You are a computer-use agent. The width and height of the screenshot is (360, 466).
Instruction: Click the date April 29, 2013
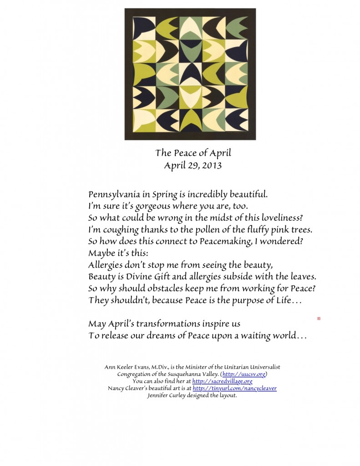pos(193,165)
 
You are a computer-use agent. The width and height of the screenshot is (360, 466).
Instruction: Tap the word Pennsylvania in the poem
pos(114,194)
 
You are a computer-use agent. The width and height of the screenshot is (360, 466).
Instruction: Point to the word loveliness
pos(227,218)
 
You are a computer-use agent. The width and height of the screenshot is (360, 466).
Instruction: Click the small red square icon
pos(319,319)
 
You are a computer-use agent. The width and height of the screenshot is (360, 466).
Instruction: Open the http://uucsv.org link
pos(244,374)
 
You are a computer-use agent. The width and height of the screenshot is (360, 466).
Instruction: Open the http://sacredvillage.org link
pos(222,381)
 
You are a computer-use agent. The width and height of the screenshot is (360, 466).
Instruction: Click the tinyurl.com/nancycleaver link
pos(234,388)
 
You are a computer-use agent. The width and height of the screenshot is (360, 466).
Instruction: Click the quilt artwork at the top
pos(190,74)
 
